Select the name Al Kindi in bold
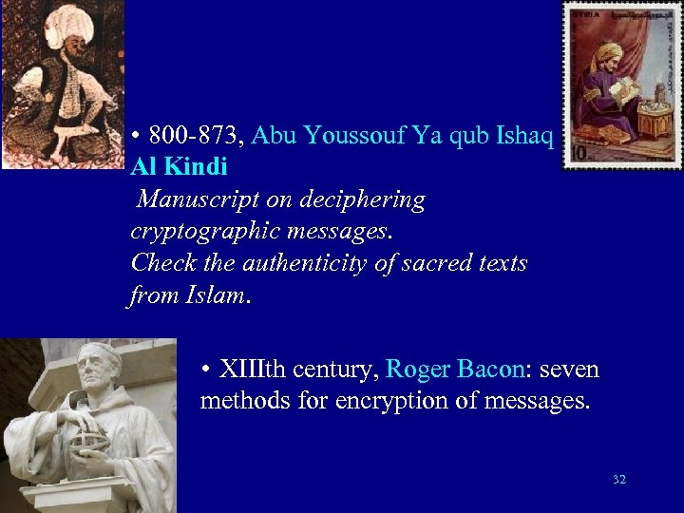pyautogui.click(x=180, y=168)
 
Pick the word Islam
pyautogui.click(x=213, y=294)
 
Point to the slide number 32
pyautogui.click(x=619, y=480)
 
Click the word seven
pyautogui.click(x=566, y=369)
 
